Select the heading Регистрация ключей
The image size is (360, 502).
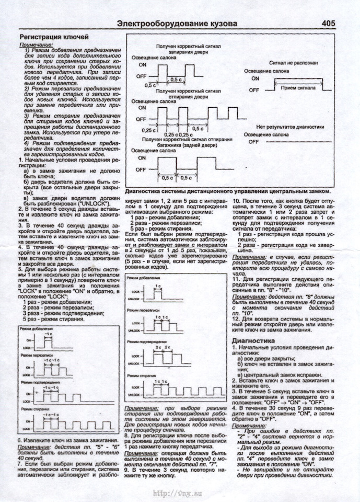click(50, 37)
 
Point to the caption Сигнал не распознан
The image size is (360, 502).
click(293, 63)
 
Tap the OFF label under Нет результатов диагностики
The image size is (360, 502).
click(253, 142)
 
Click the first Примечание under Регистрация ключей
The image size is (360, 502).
click(32, 45)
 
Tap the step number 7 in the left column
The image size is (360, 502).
click(19, 463)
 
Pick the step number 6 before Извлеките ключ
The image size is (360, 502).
click(19, 441)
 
